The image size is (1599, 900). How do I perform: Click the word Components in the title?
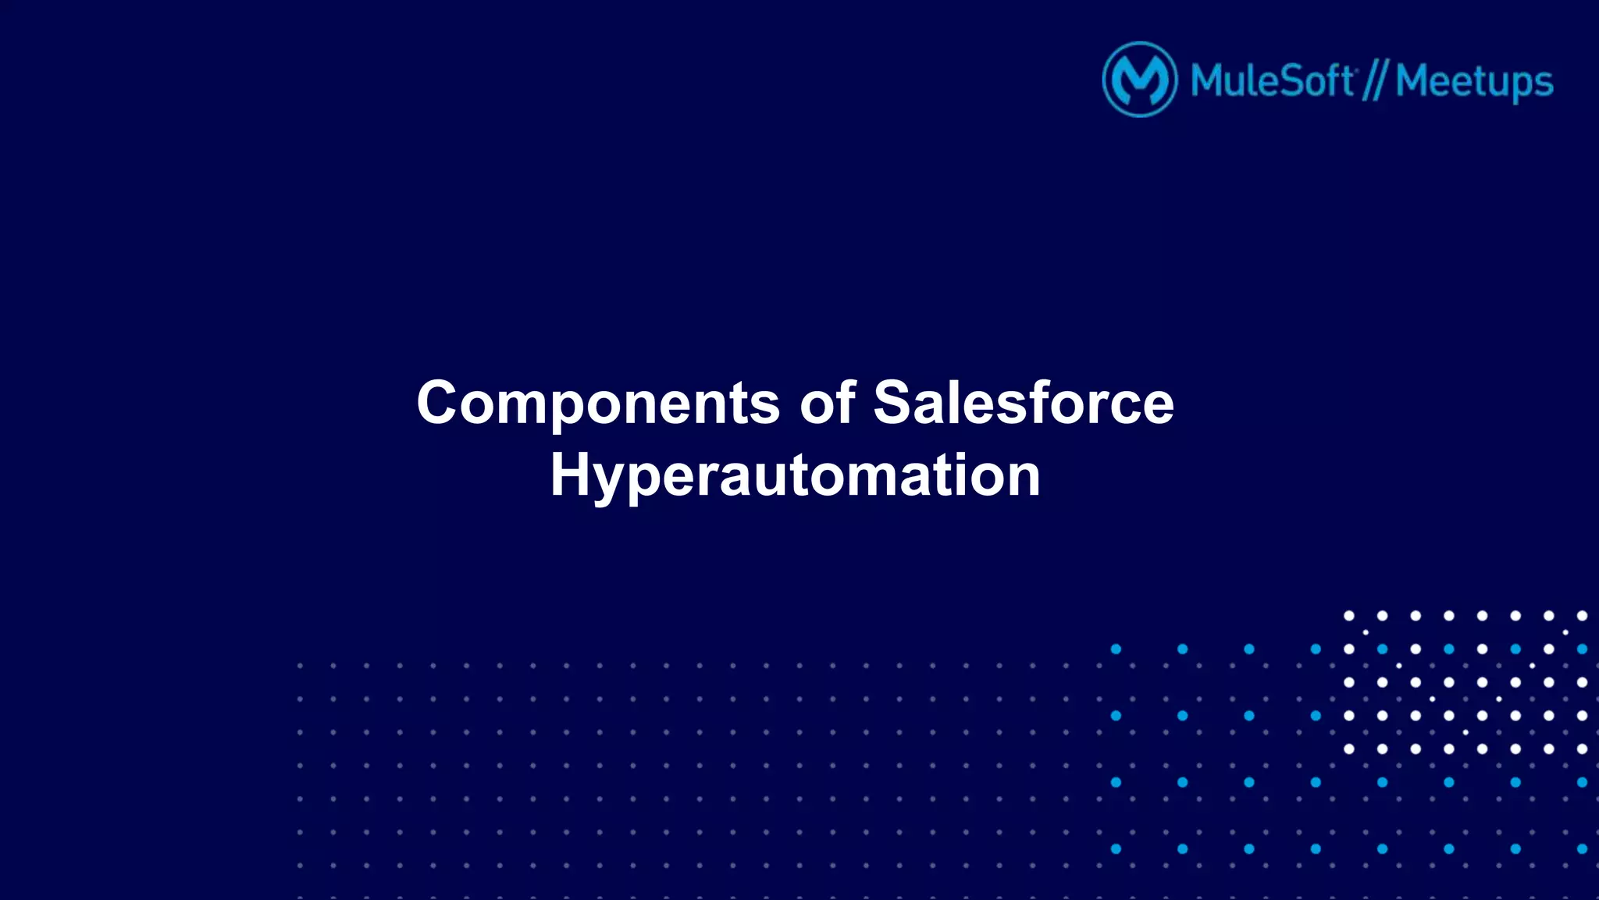(598, 404)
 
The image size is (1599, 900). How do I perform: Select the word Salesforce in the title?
(1023, 404)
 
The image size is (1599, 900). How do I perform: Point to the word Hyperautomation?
(795, 476)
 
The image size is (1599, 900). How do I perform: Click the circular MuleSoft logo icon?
(1139, 80)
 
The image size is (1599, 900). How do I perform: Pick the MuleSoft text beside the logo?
(1272, 81)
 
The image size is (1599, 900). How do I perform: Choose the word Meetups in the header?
(1474, 83)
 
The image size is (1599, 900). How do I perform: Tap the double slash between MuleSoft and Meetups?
(1374, 81)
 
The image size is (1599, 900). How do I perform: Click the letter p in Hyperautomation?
(653, 481)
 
